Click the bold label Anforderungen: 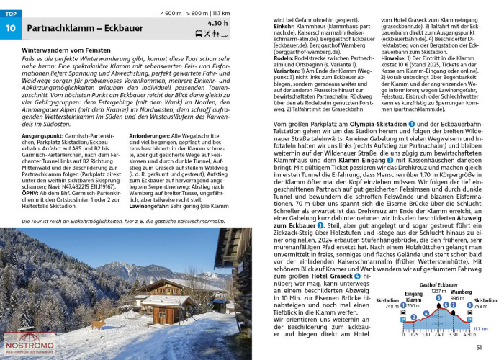tap(152, 135)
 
